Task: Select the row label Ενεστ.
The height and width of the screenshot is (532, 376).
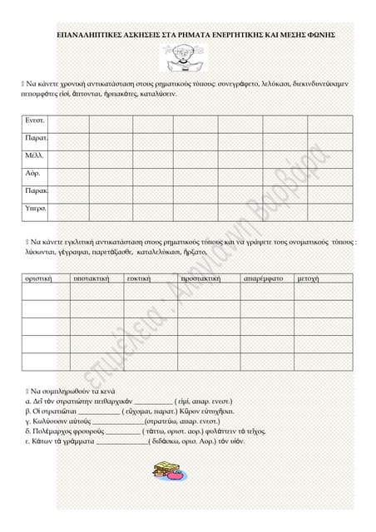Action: pos(35,121)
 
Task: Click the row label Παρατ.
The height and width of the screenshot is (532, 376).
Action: pos(36,138)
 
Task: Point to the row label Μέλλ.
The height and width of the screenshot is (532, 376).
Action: pos(35,155)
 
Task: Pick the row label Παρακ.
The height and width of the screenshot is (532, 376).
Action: pos(36,190)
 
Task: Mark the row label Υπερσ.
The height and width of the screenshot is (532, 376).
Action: pos(36,208)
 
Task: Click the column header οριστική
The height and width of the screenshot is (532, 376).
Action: pos(39,278)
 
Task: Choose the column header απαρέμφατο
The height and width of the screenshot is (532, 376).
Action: pos(264,278)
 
